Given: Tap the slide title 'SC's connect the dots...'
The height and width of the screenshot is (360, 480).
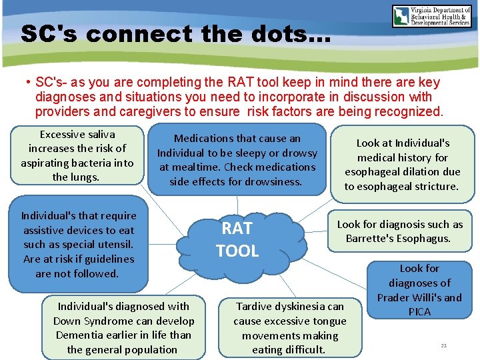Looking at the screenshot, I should pyautogui.click(x=175, y=33).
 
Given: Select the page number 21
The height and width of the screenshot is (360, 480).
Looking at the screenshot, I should pyautogui.click(x=443, y=345).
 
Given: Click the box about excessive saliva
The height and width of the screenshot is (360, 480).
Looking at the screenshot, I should pyautogui.click(x=77, y=156).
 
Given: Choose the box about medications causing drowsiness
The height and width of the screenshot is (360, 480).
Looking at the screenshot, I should pyautogui.click(x=237, y=160).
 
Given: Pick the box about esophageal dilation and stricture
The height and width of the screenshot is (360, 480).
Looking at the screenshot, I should pyautogui.click(x=402, y=165).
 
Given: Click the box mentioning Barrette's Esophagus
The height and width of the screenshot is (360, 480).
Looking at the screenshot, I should pyautogui.click(x=399, y=231).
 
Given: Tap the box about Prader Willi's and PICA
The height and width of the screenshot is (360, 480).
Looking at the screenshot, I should pyautogui.click(x=419, y=290).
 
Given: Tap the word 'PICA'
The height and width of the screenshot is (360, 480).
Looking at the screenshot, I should pyautogui.click(x=419, y=312).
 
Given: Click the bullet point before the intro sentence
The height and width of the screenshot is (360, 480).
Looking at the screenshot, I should pyautogui.click(x=29, y=82).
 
